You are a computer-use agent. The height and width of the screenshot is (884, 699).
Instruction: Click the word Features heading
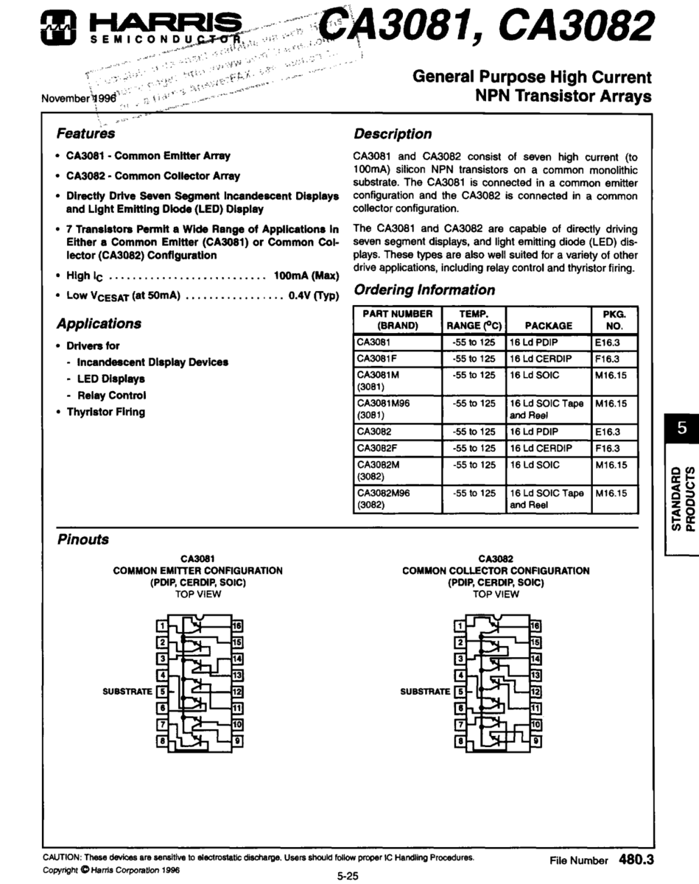point(85,134)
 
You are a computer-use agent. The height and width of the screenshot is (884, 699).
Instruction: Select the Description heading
point(393,134)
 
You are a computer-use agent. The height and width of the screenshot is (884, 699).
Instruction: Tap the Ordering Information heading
point(424,290)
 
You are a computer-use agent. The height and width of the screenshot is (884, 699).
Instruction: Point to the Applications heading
point(99,323)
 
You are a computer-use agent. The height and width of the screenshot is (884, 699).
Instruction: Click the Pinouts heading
point(82,539)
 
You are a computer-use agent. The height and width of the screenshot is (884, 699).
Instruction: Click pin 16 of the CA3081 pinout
point(237,626)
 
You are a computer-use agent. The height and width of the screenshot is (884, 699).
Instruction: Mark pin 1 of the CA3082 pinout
point(460,626)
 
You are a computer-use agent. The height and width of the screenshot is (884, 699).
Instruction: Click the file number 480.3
point(636,859)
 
